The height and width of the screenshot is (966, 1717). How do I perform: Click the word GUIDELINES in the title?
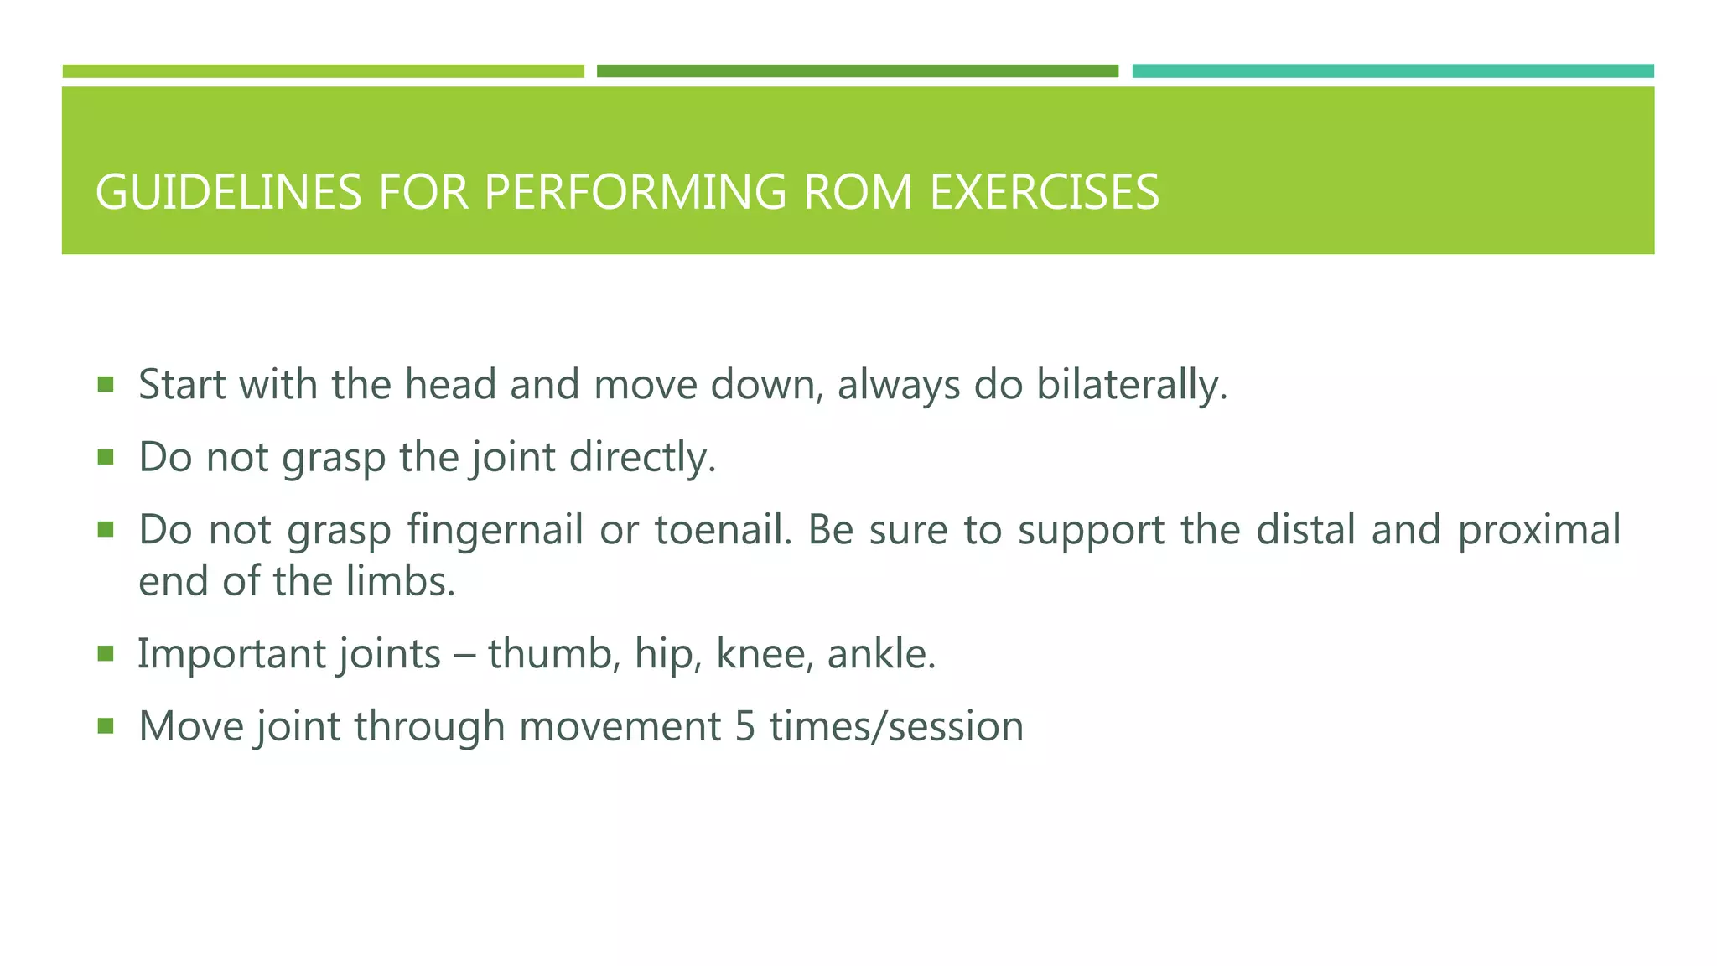pyautogui.click(x=228, y=192)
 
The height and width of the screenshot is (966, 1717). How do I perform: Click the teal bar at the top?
pyautogui.click(x=1393, y=71)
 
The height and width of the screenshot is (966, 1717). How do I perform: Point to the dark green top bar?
pyautogui.click(x=857, y=71)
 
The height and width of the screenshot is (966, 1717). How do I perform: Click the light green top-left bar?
pyautogui.click(x=323, y=71)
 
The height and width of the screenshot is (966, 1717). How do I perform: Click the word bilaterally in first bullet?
pyautogui.click(x=1132, y=385)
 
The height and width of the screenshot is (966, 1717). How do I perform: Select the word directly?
pyautogui.click(x=642, y=458)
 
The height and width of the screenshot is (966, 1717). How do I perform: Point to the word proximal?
pyautogui.click(x=1539, y=530)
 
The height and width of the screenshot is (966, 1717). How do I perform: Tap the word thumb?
pyautogui.click(x=554, y=654)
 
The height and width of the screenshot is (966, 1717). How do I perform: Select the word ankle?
pyautogui.click(x=881, y=654)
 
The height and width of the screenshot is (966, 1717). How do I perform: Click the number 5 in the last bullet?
pyautogui.click(x=745, y=726)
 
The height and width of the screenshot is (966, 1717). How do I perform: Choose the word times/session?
pyautogui.click(x=896, y=726)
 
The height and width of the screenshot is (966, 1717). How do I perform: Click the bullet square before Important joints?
pyautogui.click(x=105, y=653)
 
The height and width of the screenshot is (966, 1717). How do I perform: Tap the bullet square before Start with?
pyautogui.click(x=105, y=384)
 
